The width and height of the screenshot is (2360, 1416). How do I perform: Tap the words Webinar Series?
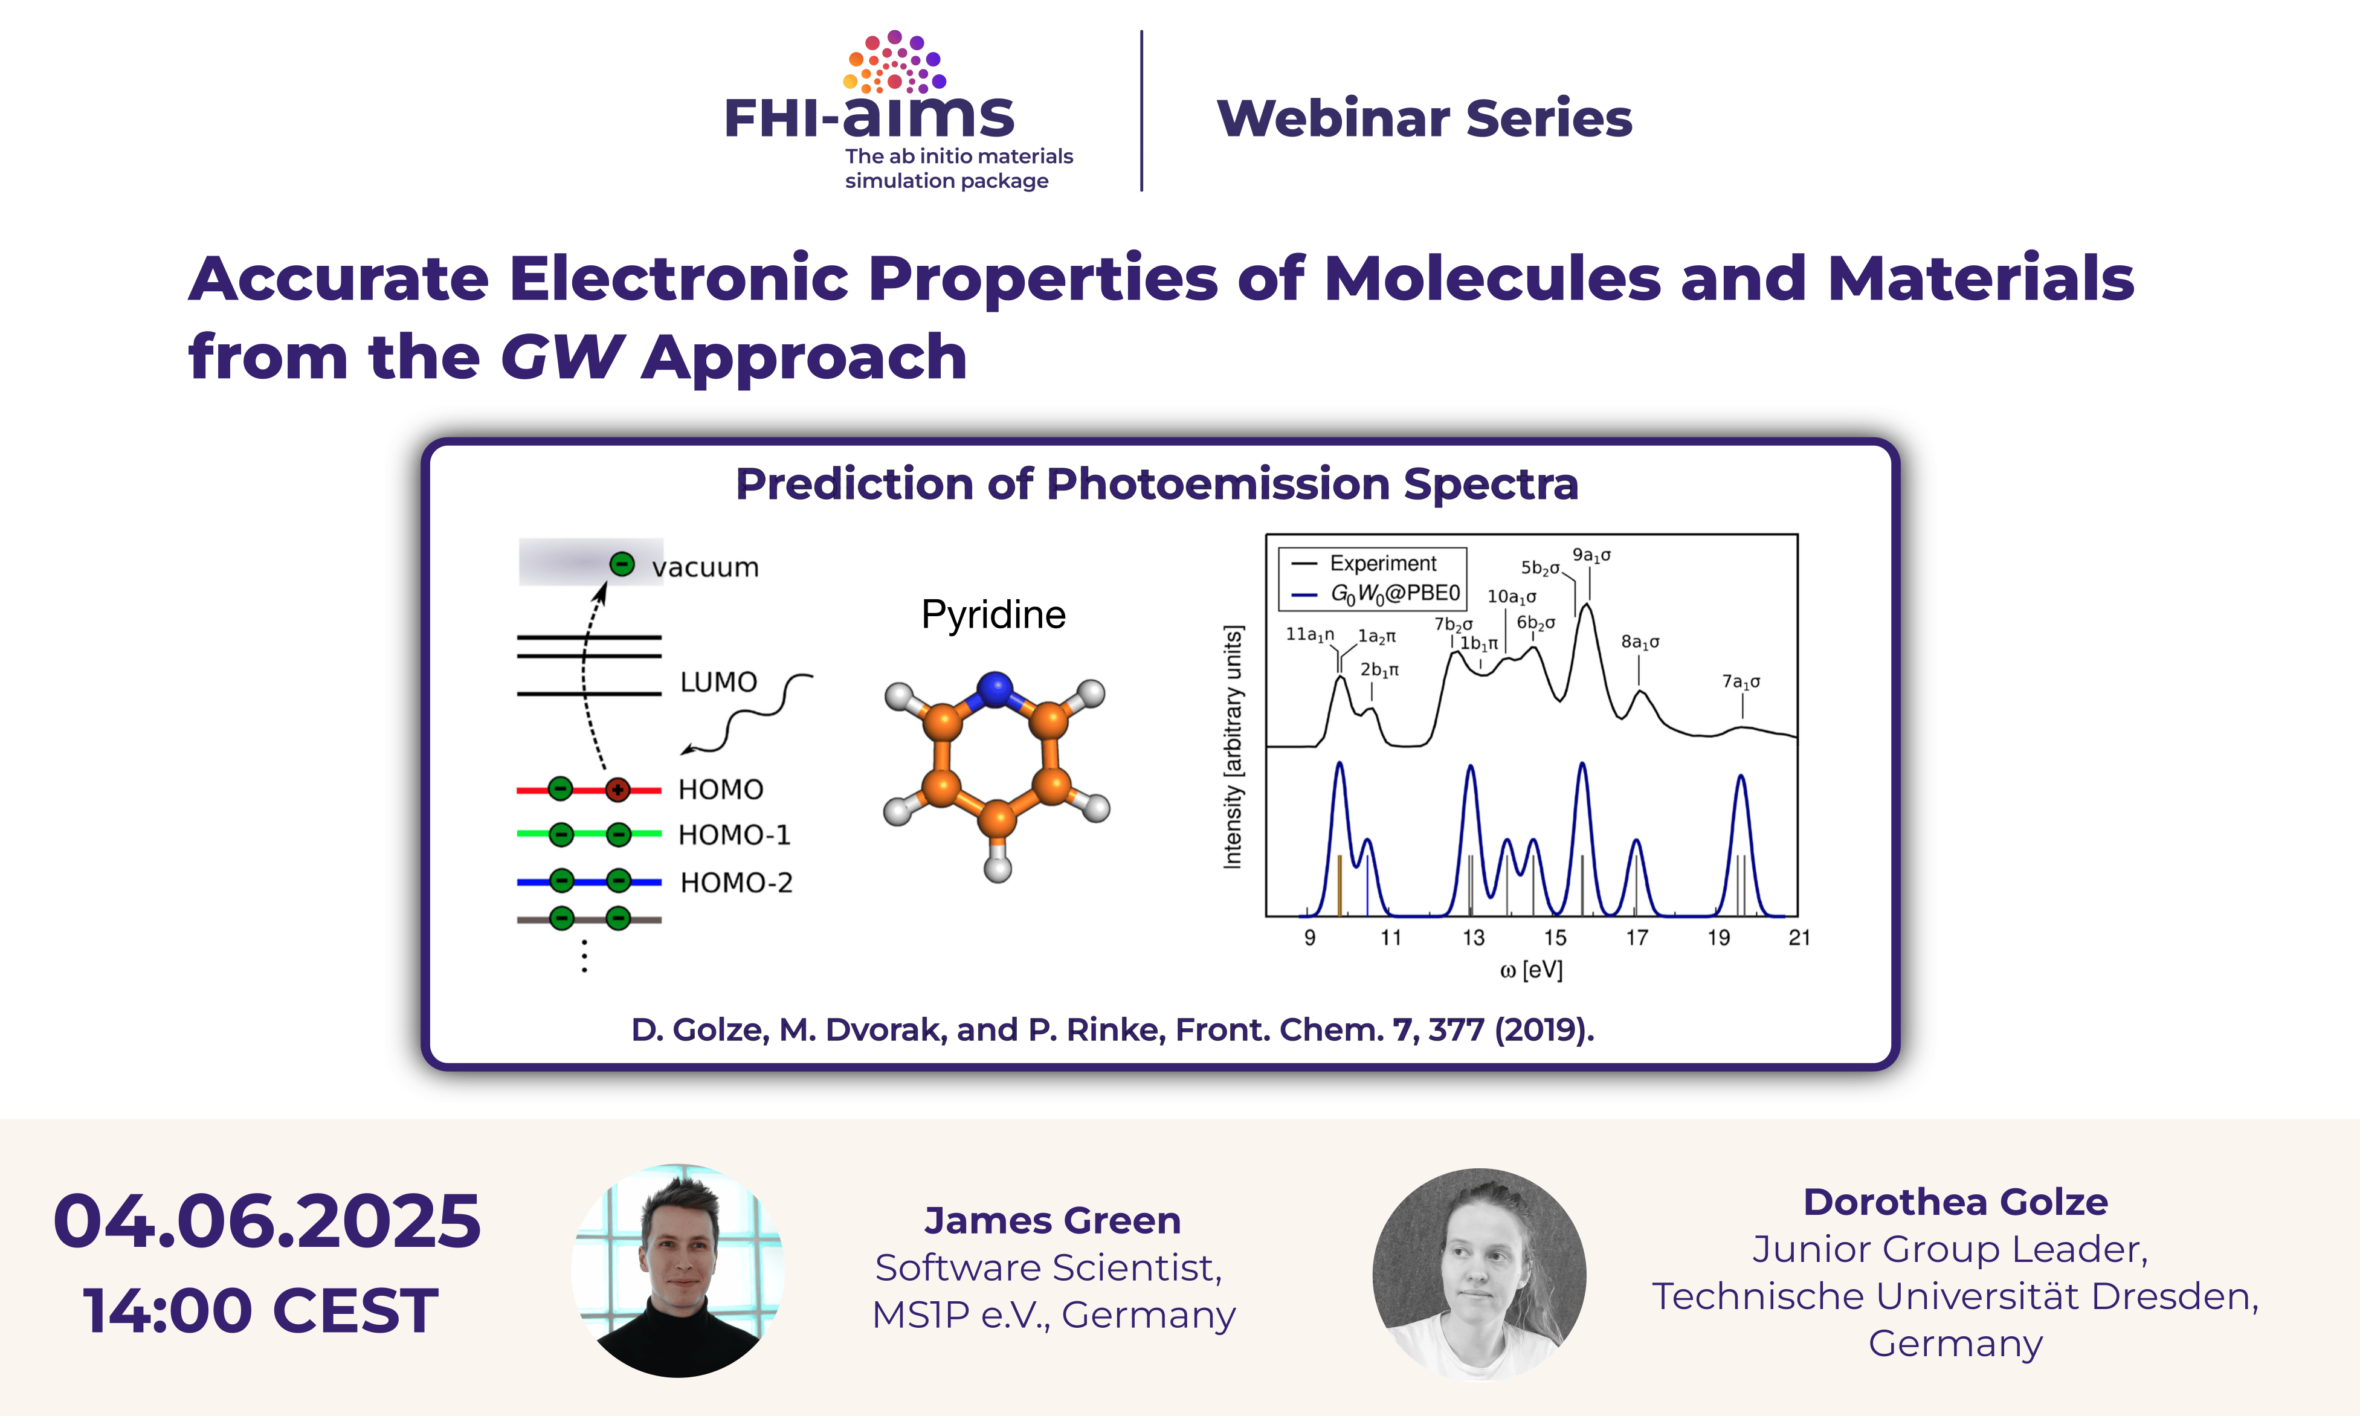[x=1424, y=118]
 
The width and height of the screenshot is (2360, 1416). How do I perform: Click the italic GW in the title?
[x=562, y=357]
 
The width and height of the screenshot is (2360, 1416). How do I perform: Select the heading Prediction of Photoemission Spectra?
[x=1156, y=484]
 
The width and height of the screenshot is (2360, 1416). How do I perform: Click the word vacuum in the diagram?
[x=705, y=568]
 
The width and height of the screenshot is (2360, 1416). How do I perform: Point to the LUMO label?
[x=718, y=682]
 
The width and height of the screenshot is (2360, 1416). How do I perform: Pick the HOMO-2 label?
[x=736, y=883]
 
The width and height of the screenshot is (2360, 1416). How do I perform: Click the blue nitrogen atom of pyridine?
[x=995, y=689]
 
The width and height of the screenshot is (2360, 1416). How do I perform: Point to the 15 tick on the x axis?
[x=1556, y=938]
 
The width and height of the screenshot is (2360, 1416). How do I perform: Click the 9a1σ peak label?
[x=1592, y=555]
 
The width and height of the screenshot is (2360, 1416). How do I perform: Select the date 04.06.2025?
[x=267, y=1221]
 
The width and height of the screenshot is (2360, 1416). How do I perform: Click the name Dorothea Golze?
[x=1955, y=1202]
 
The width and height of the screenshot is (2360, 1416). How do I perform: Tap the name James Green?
[x=1053, y=1220]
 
